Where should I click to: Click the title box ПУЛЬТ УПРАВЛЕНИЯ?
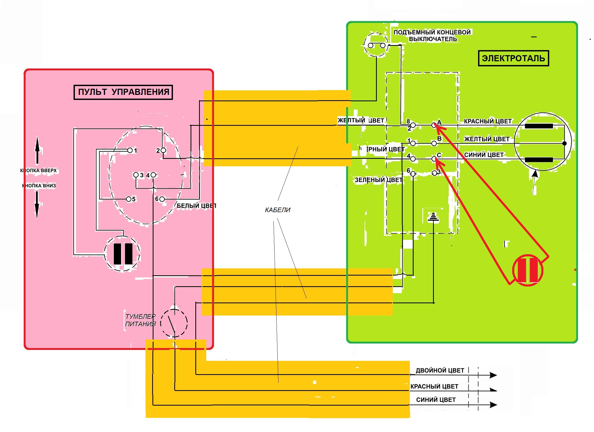pyautogui.click(x=123, y=92)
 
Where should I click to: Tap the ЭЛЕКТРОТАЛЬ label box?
pyautogui.click(x=513, y=58)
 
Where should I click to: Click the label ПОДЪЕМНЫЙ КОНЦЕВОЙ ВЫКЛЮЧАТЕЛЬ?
pyautogui.click(x=432, y=36)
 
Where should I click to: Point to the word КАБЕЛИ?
pyautogui.click(x=277, y=210)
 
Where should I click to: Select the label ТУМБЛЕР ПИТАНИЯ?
pyautogui.click(x=140, y=320)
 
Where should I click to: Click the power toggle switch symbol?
pyautogui.click(x=174, y=323)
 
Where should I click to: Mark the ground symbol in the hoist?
pyautogui.click(x=433, y=217)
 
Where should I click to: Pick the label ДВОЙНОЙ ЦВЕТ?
pyautogui.click(x=440, y=370)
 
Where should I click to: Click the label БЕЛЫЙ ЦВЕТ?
pyautogui.click(x=196, y=206)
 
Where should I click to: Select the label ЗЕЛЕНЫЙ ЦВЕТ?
pyautogui.click(x=378, y=180)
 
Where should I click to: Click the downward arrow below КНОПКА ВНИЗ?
pyautogui.click(x=37, y=204)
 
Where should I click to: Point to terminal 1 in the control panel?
pyautogui.click(x=130, y=150)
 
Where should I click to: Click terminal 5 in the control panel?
pyautogui.click(x=129, y=199)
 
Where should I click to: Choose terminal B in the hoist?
pyautogui.click(x=434, y=143)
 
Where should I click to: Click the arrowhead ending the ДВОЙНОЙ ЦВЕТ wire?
pyautogui.click(x=493, y=375)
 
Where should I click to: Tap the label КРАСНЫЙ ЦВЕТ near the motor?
pyautogui.click(x=488, y=122)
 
